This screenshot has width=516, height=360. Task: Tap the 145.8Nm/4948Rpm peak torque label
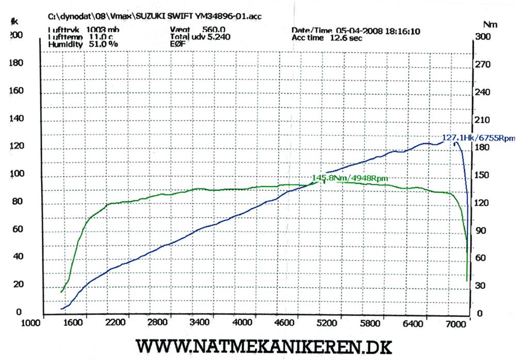click(x=350, y=178)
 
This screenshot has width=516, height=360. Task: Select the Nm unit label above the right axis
click(x=490, y=24)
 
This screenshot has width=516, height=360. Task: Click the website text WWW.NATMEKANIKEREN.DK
click(x=263, y=346)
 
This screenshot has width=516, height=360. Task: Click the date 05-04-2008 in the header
click(x=359, y=31)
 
